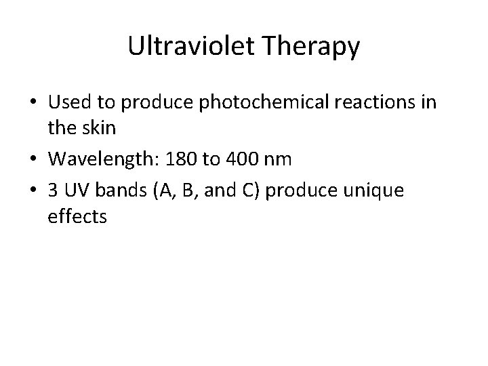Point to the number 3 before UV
pos(54,192)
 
